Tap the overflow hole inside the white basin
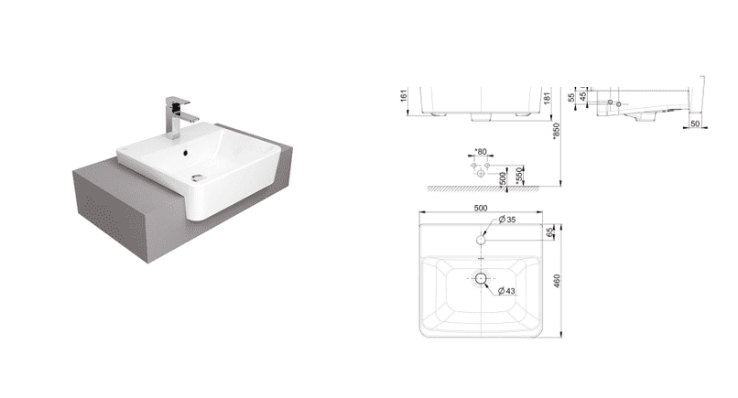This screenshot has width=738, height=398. tap(186, 152)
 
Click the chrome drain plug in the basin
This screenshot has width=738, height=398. tap(199, 177)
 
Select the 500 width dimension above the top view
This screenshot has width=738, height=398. tap(481, 208)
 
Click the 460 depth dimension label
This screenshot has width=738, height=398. tap(557, 281)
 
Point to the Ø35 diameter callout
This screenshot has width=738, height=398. tap(507, 220)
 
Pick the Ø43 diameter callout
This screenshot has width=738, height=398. tap(507, 291)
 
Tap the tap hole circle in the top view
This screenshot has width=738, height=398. tap(481, 240)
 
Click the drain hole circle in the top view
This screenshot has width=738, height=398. tap(481, 278)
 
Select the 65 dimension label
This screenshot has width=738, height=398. tap(549, 231)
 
